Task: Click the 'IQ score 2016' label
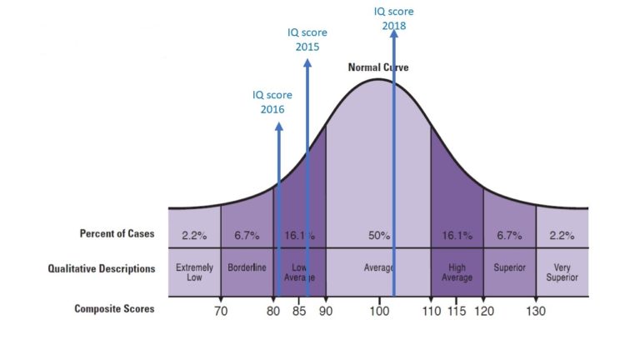(272, 102)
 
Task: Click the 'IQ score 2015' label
(307, 39)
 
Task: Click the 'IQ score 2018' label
(394, 18)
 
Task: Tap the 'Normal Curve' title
(378, 67)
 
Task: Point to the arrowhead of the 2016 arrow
(278, 126)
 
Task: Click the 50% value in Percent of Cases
(378, 236)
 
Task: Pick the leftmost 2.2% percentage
(194, 236)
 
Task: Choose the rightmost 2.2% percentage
(562, 236)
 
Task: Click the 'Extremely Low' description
(194, 272)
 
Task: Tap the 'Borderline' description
(247, 268)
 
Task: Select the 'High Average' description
(457, 272)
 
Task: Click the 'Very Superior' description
(562, 272)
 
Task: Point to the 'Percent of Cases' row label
(117, 234)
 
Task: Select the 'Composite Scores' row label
(114, 309)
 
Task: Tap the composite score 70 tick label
(220, 312)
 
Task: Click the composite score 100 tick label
(379, 312)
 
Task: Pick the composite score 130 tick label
(536, 312)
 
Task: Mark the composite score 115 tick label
(457, 312)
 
